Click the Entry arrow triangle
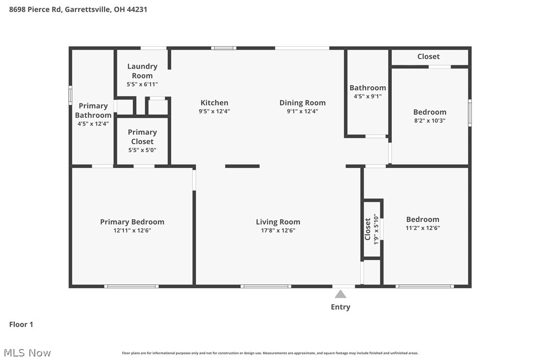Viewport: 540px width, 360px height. pos(340,294)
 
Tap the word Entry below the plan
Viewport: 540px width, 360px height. pos(341,307)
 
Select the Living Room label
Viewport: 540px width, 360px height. pos(278,222)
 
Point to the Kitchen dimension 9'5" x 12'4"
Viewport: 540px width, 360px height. pos(214,111)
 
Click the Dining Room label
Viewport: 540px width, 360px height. pos(302,102)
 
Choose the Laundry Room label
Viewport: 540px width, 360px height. pos(142,71)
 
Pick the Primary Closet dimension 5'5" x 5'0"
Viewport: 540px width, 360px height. pos(142,150)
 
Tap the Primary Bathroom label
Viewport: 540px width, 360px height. pos(93,110)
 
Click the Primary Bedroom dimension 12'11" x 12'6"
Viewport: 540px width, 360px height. pos(132,230)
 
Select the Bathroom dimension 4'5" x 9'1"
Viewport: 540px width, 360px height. pos(367,96)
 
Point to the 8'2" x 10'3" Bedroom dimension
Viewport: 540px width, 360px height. pos(430,120)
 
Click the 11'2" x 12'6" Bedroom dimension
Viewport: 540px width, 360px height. pos(423,228)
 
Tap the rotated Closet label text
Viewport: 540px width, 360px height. pos(368,229)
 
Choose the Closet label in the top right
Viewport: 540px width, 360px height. pos(429,56)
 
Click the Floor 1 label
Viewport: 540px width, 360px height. pos(21,324)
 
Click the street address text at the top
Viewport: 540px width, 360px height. pos(78,9)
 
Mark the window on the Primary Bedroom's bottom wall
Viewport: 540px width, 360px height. pos(132,286)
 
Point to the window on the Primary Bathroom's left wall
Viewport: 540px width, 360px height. pos(71,95)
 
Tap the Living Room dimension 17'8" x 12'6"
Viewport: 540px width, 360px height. pos(278,230)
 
